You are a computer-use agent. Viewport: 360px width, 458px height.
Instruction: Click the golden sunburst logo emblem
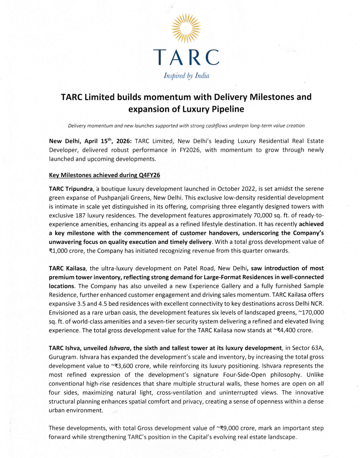point(186,28)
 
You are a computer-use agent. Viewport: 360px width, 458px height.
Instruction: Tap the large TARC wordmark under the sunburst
point(186,57)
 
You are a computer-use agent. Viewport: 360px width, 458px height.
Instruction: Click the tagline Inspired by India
point(186,76)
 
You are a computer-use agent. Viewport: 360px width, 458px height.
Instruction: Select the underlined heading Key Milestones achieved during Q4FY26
point(104,175)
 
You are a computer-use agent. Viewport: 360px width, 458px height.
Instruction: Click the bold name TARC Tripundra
point(71,189)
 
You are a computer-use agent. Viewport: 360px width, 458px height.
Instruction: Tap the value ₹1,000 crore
point(67,251)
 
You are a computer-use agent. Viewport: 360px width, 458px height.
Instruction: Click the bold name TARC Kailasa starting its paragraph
point(67,268)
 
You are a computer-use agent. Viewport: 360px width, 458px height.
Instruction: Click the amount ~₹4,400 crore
point(293,330)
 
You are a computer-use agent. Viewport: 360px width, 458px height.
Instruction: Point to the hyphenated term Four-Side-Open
point(245,375)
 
